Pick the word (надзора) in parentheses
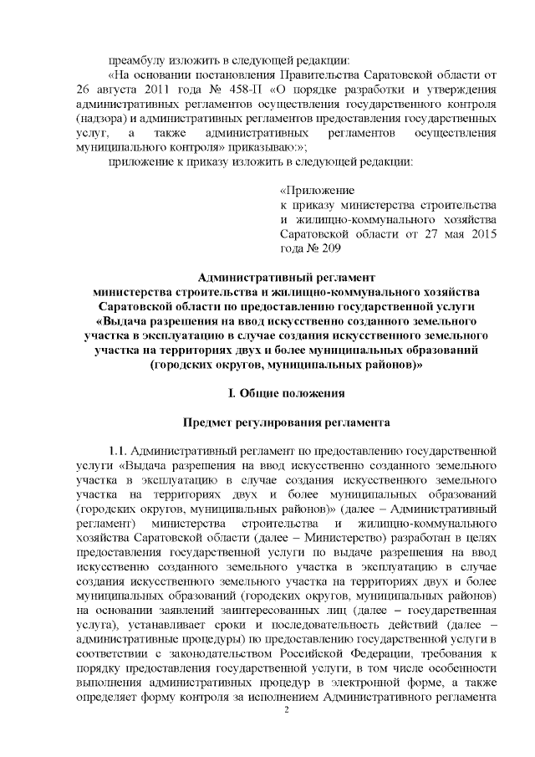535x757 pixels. click(99, 119)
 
